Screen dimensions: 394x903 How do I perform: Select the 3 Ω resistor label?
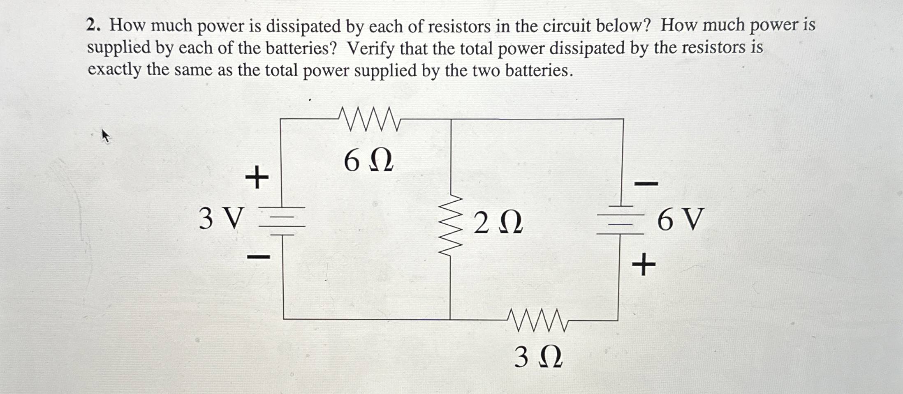coord(538,357)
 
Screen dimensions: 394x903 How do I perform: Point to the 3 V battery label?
coord(221,218)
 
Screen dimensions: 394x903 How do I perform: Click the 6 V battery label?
coord(681,220)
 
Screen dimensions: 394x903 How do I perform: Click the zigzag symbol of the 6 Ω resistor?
coord(369,119)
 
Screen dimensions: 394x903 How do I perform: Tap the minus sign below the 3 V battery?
coord(259,258)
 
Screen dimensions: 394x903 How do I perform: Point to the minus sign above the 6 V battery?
coord(646,183)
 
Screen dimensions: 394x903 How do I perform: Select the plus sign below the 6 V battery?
coord(644,265)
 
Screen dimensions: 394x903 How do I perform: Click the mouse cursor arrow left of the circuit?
coord(106,136)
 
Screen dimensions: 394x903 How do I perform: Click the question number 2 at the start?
coord(93,25)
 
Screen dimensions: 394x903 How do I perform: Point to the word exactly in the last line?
coord(114,70)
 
